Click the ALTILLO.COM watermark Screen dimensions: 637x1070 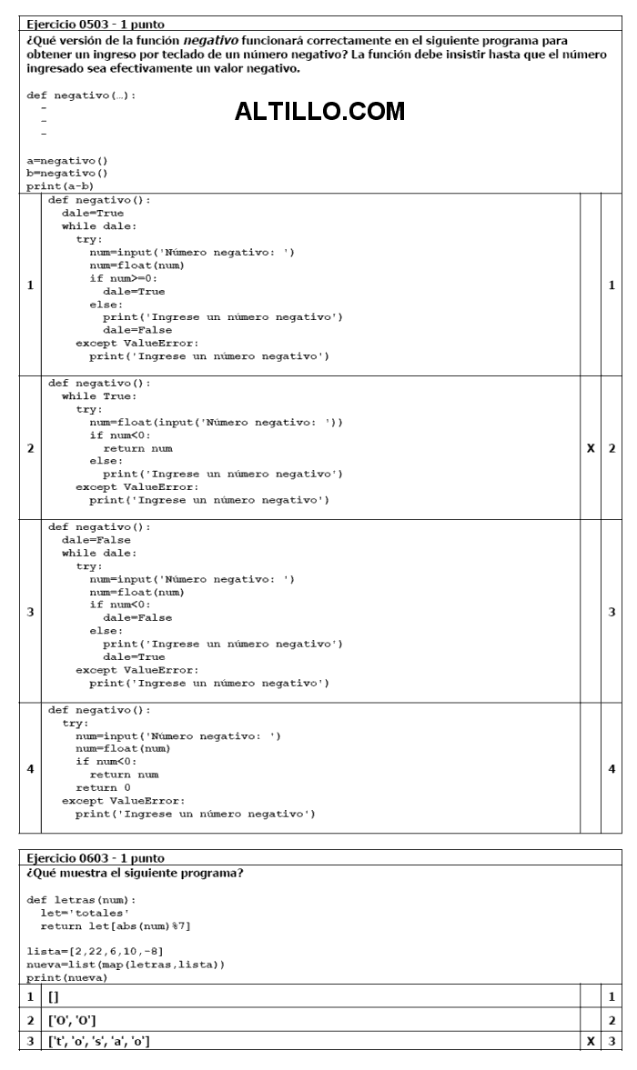tap(319, 111)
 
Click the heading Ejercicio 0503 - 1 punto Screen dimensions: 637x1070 tap(96, 24)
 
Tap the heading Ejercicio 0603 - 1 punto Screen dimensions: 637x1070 tap(96, 858)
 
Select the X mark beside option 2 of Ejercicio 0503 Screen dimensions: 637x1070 tap(591, 448)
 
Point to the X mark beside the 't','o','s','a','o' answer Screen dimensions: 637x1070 tap(591, 1041)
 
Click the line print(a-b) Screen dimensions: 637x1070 tap(60, 186)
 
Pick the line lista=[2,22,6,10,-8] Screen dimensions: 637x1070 tap(95, 951)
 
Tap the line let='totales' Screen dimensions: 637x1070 tap(85, 913)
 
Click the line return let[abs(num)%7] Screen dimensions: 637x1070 tap(116, 926)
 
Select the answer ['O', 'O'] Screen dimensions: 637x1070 tap(72, 1020)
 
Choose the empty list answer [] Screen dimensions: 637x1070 tap(54, 997)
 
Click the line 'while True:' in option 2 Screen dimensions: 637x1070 tap(99, 395)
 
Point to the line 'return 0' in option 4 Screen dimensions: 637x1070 tap(103, 787)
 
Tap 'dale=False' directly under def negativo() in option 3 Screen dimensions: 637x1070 tap(96, 540)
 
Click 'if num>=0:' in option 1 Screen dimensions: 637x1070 tap(124, 278)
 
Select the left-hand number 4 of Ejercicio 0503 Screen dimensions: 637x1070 tap(30, 768)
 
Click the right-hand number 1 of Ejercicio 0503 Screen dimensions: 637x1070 tap(612, 285)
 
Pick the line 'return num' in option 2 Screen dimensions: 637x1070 tap(138, 448)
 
